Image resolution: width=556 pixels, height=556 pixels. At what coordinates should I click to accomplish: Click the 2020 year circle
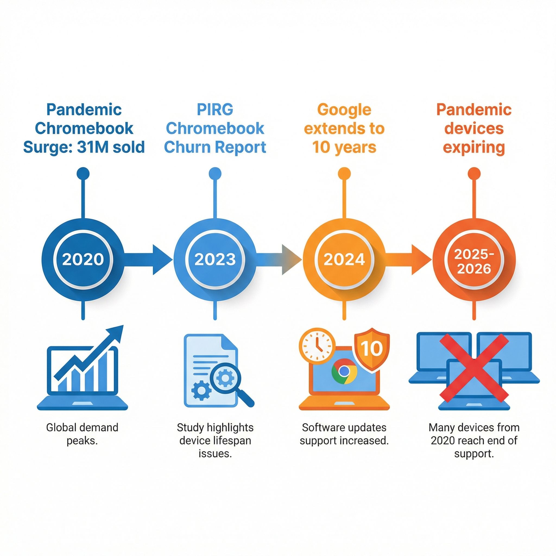pos(83,259)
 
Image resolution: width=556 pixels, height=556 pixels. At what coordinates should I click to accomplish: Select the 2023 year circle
pos(215,259)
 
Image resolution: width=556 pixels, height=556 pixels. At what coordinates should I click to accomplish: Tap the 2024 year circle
pos(344,259)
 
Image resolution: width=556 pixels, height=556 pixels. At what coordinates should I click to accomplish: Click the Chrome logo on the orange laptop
pos(344,371)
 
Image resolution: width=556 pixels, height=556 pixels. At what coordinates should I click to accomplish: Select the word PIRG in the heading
pos(215,110)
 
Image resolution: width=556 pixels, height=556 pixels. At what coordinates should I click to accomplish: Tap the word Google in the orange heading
pos(344,110)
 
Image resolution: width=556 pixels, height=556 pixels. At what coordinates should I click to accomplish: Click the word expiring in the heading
pos(474,147)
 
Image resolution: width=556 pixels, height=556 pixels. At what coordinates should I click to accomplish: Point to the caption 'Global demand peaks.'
pos(82,434)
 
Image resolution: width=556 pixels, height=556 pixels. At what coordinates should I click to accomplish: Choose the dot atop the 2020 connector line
pos(83,174)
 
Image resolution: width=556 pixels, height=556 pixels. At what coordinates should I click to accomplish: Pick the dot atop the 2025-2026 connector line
pos(474,174)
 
